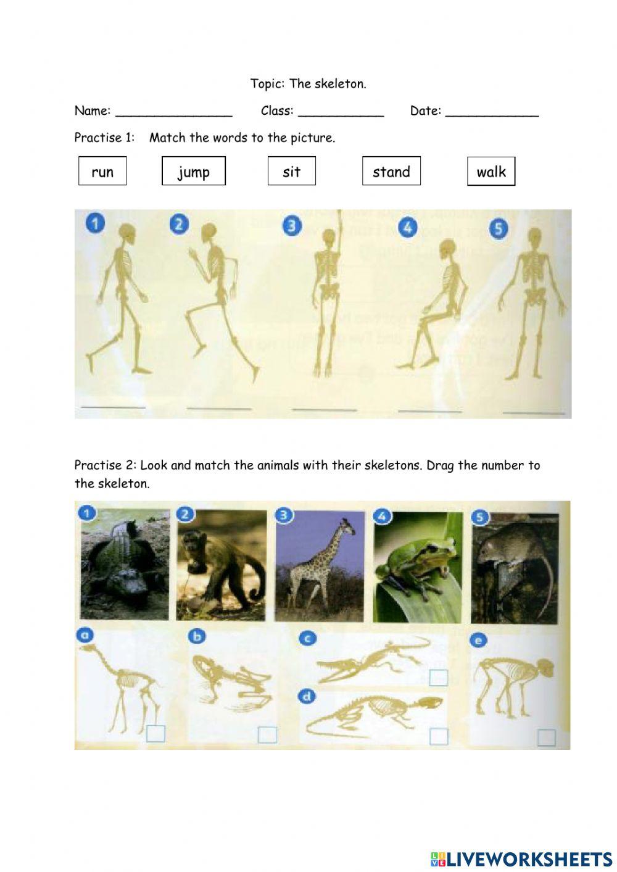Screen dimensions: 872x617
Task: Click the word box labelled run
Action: [102, 171]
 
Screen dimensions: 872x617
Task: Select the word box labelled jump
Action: [194, 171]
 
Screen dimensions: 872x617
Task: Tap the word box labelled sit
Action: [291, 171]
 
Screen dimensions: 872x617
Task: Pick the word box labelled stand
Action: [391, 171]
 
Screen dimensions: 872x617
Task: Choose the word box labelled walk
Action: [491, 171]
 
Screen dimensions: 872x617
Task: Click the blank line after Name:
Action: [173, 113]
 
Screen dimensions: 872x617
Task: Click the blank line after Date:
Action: [492, 113]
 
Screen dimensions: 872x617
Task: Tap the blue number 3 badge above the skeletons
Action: [292, 225]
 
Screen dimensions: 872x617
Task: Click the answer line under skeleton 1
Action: [114, 407]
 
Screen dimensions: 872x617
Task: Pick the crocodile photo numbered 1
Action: [124, 565]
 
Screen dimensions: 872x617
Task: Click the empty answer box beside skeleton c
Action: [438, 677]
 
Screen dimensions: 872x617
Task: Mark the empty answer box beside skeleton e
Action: [546, 737]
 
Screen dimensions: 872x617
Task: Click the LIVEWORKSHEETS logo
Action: [521, 858]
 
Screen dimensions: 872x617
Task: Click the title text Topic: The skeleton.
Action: [308, 84]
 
